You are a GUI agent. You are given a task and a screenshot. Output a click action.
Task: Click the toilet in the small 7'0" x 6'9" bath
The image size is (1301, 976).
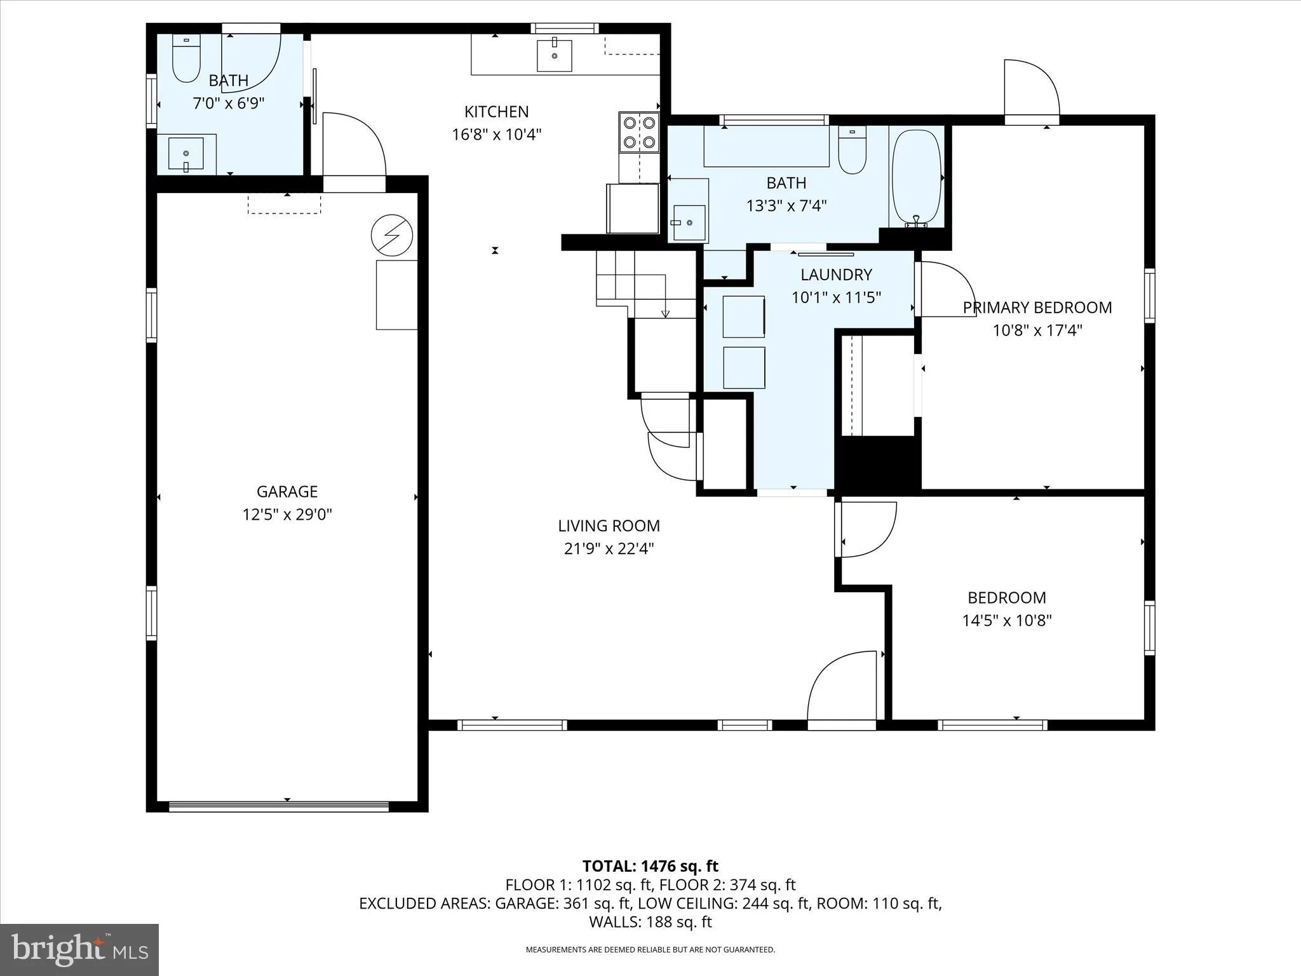[186, 59]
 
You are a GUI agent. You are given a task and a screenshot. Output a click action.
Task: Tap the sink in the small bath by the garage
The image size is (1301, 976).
[185, 154]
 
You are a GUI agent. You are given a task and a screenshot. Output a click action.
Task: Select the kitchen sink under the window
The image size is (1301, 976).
[555, 55]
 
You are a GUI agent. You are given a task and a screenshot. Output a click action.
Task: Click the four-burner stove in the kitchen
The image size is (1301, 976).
[639, 132]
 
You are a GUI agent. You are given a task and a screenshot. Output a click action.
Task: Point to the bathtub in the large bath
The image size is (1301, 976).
[916, 178]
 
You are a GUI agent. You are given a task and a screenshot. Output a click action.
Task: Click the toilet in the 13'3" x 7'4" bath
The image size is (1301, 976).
[852, 151]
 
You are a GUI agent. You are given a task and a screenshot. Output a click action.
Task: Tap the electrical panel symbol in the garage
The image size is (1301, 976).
[392, 235]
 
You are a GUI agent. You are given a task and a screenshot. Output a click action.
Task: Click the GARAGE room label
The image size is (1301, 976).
[287, 491]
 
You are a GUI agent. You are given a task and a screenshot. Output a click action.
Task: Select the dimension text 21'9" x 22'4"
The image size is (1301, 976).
[609, 548]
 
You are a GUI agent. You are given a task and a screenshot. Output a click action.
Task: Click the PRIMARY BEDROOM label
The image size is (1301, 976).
[1037, 308]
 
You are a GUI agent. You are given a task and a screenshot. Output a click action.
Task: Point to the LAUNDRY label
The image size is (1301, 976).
[836, 274]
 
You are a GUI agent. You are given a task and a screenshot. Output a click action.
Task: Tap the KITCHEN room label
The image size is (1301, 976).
[496, 112]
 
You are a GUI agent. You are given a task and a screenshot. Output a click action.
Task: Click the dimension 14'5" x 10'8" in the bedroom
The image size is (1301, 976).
[1007, 620]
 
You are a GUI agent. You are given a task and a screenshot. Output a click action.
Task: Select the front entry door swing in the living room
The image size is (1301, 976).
[840, 689]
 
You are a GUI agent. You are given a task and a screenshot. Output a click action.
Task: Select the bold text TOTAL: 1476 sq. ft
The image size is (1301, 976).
[650, 866]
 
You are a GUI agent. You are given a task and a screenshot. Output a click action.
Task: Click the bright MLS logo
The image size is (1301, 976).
[79, 950]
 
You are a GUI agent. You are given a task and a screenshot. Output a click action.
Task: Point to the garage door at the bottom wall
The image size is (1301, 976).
[279, 806]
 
